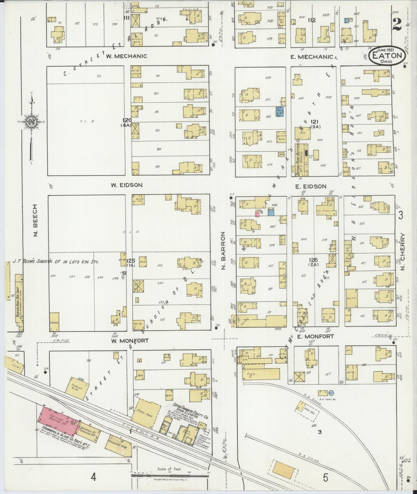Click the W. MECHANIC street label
tap(126, 56)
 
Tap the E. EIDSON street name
tap(311, 186)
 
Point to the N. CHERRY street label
tap(403, 252)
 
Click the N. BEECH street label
tap(35, 220)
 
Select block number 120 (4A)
tap(127, 122)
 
